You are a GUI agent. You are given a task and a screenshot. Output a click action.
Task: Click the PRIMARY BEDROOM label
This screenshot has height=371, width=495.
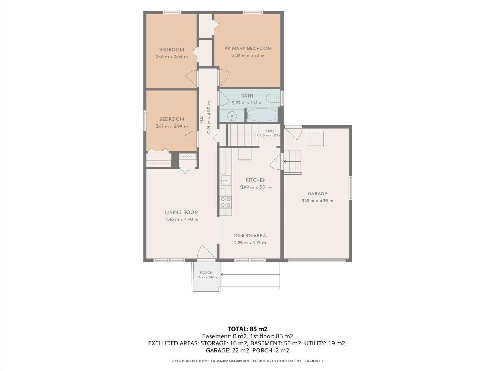(248, 48)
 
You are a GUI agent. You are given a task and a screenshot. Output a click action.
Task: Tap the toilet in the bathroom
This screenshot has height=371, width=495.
(273, 99)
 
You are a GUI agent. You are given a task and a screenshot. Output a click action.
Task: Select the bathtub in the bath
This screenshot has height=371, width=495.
(262, 115)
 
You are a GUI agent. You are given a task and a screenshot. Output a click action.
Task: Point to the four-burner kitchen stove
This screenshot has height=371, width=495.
(226, 202)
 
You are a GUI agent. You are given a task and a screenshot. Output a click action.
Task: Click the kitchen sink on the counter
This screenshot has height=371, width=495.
(226, 181)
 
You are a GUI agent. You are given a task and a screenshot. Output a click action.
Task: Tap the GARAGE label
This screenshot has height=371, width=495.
(317, 193)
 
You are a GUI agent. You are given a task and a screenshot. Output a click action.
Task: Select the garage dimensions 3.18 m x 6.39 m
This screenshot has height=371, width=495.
(317, 201)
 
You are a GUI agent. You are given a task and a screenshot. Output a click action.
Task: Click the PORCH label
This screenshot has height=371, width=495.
(206, 272)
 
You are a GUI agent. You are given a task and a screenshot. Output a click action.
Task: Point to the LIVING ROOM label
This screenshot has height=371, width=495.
(182, 212)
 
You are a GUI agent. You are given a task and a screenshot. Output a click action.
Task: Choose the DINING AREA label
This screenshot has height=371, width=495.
(250, 236)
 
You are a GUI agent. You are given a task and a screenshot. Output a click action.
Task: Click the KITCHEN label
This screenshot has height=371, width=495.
(256, 180)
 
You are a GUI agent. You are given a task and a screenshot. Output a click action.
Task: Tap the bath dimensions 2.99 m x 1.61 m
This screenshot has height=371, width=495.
(247, 103)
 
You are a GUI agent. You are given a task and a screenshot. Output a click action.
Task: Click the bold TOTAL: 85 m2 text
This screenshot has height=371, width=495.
(247, 329)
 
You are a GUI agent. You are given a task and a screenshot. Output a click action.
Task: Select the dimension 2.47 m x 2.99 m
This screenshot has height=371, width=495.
(171, 127)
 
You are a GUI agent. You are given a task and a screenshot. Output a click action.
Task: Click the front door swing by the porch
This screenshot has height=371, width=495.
(206, 253)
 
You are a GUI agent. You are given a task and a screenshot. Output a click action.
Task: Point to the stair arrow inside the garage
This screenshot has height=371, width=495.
(292, 162)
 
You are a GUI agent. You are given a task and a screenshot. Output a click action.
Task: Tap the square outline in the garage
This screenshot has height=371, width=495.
(315, 139)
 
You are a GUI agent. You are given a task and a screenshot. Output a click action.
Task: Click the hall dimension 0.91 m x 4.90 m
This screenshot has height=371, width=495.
(209, 117)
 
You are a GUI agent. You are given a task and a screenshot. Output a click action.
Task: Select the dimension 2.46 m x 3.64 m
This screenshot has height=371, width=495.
(171, 57)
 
